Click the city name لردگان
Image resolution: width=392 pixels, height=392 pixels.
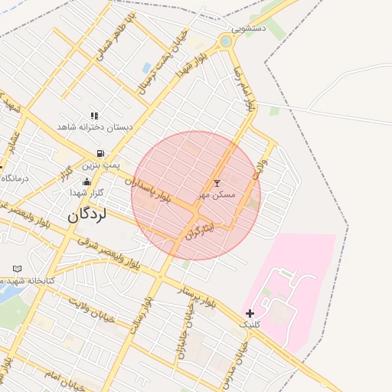(x=89, y=215)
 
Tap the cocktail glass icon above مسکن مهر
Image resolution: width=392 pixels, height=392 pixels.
(x=217, y=184)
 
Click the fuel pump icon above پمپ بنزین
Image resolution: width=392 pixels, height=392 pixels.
(x=102, y=153)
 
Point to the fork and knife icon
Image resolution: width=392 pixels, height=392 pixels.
(x=95, y=116)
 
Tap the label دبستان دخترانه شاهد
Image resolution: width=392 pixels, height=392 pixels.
(x=96, y=127)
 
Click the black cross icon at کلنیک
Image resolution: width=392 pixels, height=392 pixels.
(x=250, y=313)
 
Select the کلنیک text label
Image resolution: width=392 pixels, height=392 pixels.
(x=250, y=325)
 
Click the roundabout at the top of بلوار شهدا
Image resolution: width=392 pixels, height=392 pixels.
(x=226, y=41)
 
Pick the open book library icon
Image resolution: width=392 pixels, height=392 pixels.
(x=18, y=269)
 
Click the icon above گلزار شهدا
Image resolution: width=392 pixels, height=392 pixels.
(x=87, y=182)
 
